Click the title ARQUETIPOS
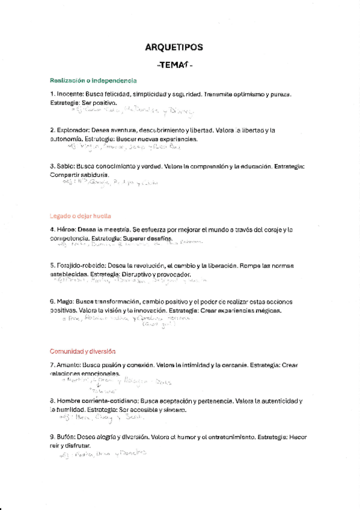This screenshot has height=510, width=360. pyautogui.click(x=174, y=47)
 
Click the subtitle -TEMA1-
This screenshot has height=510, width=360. pyautogui.click(x=174, y=66)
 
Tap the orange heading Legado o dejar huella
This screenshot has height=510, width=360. pyautogui.click(x=81, y=215)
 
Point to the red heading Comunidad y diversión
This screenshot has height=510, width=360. pyautogui.click(x=82, y=351)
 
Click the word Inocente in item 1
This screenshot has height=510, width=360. pyautogui.click(x=70, y=94)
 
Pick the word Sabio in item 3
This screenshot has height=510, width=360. pyautogui.click(x=67, y=165)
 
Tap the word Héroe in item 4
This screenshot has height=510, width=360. pyautogui.click(x=66, y=230)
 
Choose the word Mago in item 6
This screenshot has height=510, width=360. pyautogui.click(x=66, y=301)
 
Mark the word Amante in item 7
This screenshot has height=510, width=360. pyautogui.click(x=69, y=365)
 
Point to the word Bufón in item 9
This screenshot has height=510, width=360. pyautogui.click(x=66, y=436)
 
